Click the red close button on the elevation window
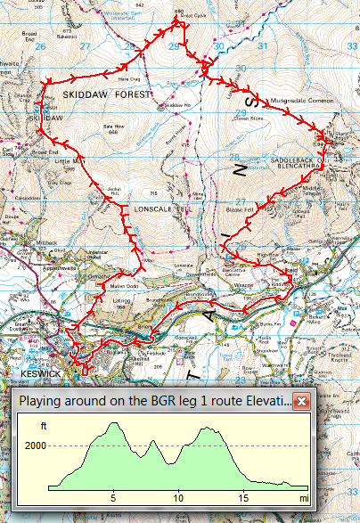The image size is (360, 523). coord(301,402)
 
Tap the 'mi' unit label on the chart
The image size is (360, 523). coord(303,497)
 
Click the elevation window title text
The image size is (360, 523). coord(153,402)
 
